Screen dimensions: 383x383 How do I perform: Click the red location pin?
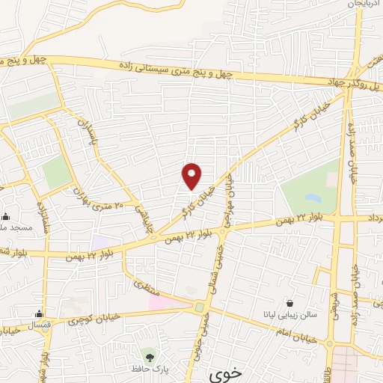192,176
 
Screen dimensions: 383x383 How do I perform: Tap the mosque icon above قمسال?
38,313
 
